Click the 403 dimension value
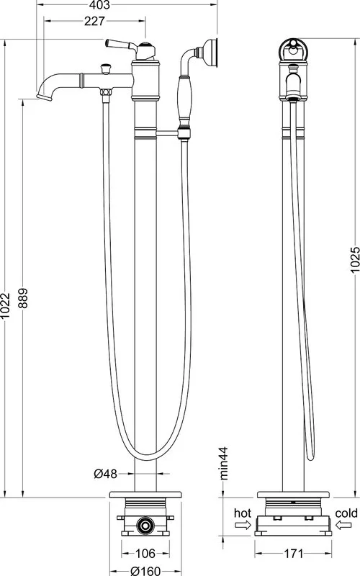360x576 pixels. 99,5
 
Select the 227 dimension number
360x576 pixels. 94,22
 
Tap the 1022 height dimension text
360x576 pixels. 5,305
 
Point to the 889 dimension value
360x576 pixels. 23,298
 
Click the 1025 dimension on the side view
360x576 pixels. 355,260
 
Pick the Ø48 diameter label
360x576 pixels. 106,474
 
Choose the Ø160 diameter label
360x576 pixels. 145,571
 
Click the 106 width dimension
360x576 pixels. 145,553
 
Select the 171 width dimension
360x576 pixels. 294,553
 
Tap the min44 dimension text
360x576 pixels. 223,463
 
